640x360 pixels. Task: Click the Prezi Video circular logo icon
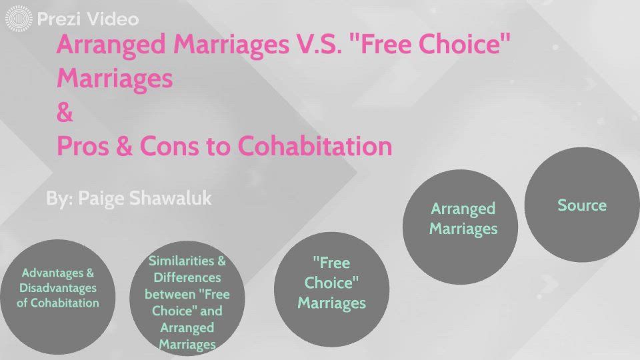18,19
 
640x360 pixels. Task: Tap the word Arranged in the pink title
111,45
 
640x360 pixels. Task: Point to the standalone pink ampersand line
65,113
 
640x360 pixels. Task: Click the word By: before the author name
59,198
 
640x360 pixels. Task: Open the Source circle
581,205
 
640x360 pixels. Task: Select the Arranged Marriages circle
463,219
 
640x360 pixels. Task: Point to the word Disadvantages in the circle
58,288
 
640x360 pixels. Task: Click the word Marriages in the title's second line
115,79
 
